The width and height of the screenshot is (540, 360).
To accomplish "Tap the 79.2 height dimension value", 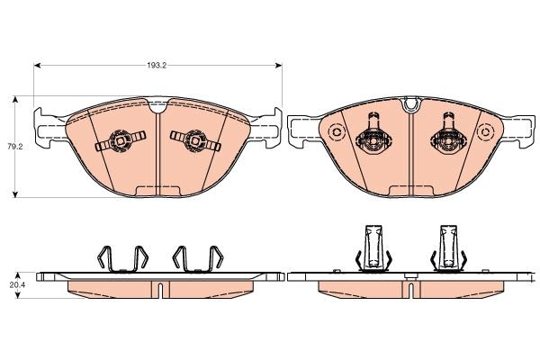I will coord(13,145).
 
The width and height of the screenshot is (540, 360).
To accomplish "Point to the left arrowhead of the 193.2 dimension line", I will coord(38,66).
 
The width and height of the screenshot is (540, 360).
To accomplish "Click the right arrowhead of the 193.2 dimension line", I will coord(278,66).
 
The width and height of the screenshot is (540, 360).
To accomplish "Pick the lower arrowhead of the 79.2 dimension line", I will coord(15,193).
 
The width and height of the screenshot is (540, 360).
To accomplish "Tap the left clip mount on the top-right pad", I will coord(372,138).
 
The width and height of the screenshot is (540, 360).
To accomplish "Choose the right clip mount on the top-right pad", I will coord(447,138).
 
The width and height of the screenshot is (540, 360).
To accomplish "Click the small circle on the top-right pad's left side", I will coord(337,135).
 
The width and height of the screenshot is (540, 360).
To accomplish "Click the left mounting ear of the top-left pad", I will coord(47,120).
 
